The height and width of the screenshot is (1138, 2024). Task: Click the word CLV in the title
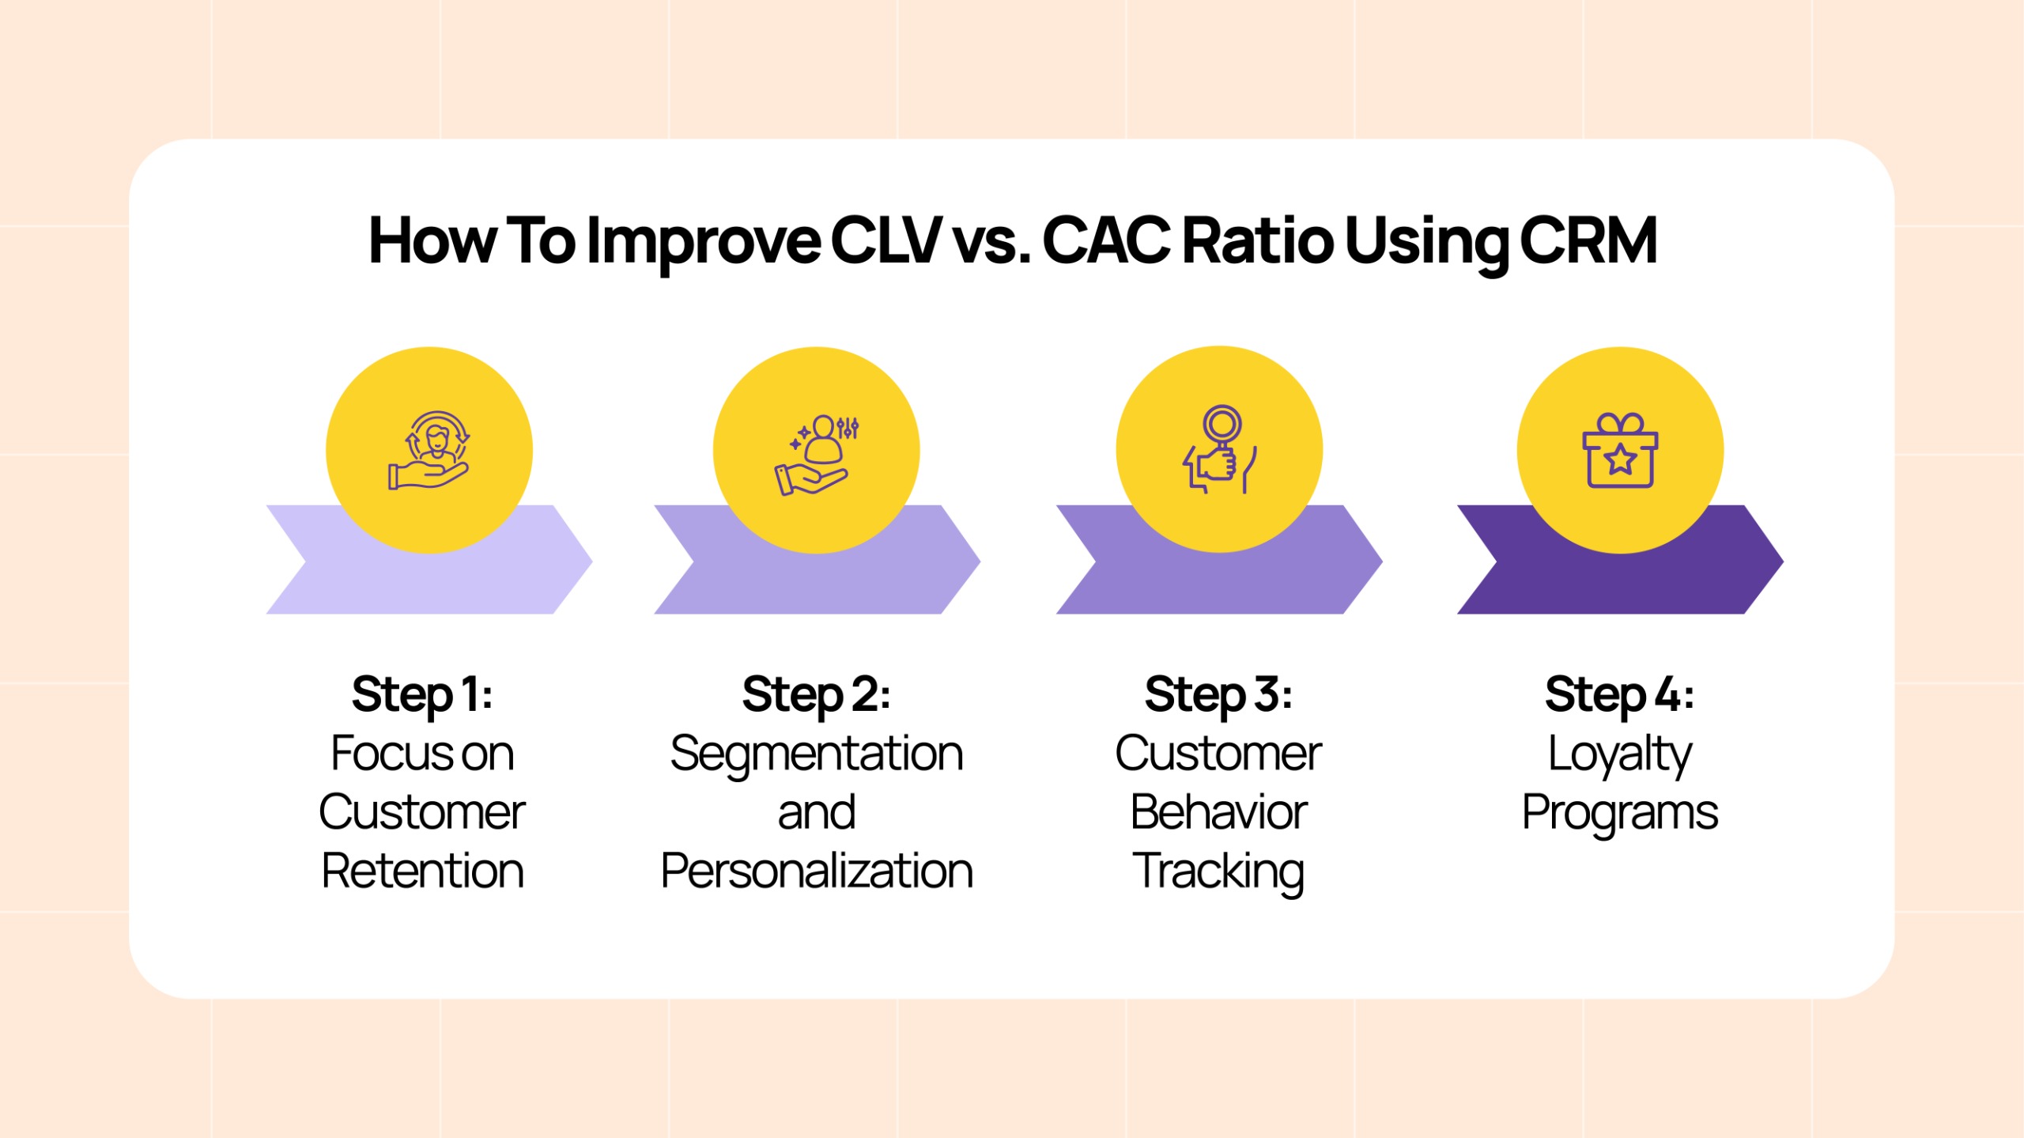[x=885, y=240]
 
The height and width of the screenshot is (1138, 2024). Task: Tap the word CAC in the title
[x=1106, y=240]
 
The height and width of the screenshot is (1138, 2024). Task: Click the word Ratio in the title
[x=1258, y=240]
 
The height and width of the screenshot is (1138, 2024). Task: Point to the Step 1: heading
[x=422, y=695]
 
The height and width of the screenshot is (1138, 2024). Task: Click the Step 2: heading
[x=817, y=695]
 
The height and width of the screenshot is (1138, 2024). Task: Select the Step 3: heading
[x=1218, y=695]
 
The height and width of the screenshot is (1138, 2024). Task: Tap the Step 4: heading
[x=1620, y=695]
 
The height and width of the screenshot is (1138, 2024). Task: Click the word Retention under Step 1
[x=422, y=871]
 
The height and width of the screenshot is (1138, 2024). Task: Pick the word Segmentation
[x=817, y=755]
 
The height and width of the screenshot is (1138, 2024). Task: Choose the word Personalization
[x=817, y=871]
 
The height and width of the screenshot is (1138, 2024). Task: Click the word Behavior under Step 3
[x=1218, y=812]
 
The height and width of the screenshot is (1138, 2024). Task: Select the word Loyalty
[x=1620, y=755]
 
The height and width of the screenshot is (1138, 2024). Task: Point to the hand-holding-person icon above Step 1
[x=429, y=450]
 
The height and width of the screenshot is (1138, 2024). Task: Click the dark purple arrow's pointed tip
[x=1783, y=561]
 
